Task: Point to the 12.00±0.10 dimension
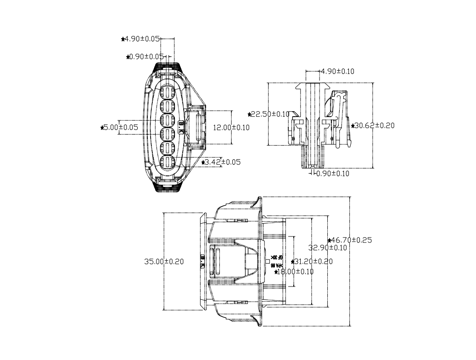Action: (x=231, y=127)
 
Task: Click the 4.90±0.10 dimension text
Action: (x=337, y=71)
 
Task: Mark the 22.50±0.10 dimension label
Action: (x=270, y=114)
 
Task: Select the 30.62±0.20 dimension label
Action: (x=375, y=125)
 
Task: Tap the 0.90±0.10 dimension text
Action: (x=332, y=173)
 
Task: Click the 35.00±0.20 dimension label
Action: (x=164, y=261)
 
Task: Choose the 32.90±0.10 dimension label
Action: (x=327, y=247)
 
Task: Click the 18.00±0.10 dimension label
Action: (x=296, y=271)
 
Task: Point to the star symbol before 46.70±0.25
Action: (x=330, y=240)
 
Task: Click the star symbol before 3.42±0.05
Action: (x=203, y=163)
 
